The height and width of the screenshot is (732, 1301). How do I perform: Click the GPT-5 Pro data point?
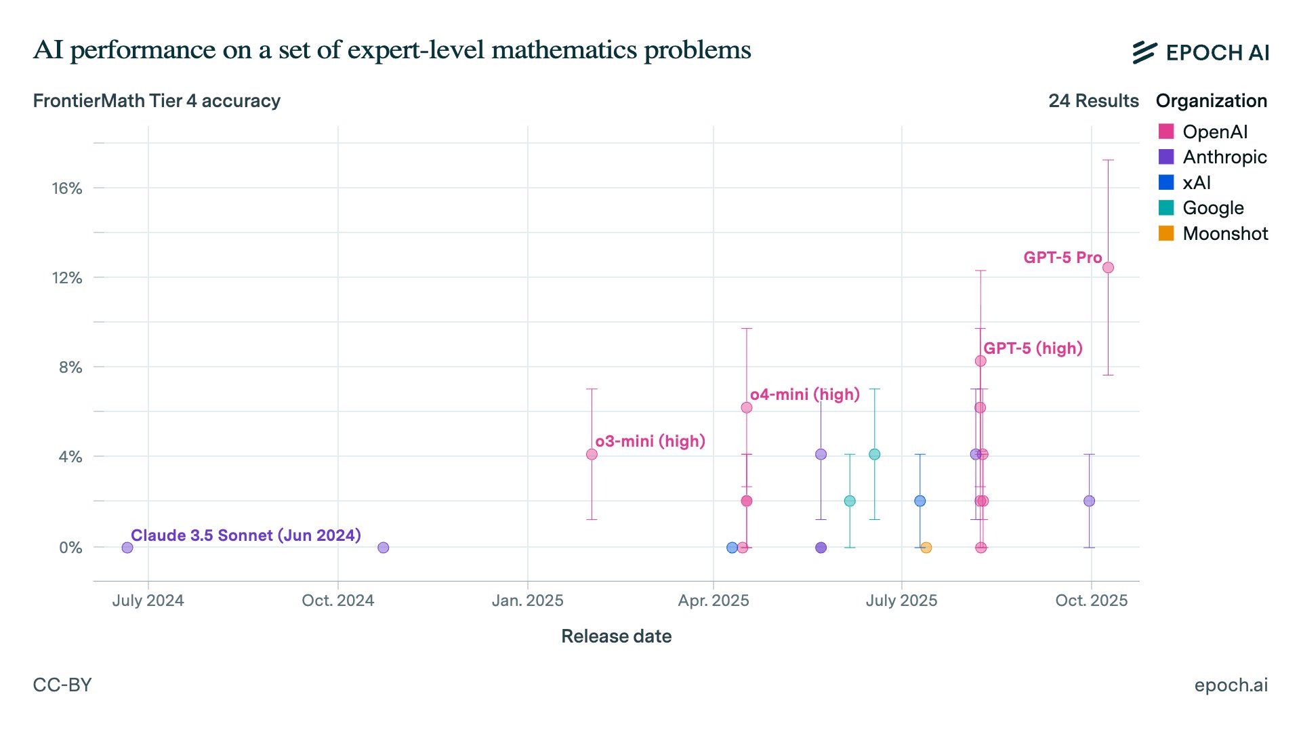click(1108, 268)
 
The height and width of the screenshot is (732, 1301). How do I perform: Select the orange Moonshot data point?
click(926, 548)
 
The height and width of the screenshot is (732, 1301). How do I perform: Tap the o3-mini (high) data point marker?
click(592, 454)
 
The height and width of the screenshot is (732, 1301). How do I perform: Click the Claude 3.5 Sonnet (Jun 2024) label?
click(245, 535)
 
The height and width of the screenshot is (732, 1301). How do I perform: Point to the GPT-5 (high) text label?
click(1033, 348)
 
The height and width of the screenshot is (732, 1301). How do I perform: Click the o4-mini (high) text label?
click(804, 394)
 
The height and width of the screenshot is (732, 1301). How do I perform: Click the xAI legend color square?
click(1166, 182)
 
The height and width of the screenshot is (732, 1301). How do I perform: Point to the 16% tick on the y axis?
click(67, 188)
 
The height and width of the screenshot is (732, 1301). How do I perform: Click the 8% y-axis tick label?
click(70, 367)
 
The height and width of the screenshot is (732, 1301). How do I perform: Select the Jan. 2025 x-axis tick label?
click(527, 601)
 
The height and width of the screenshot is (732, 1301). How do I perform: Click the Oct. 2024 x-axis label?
click(337, 601)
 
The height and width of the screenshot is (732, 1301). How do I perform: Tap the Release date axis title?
click(616, 636)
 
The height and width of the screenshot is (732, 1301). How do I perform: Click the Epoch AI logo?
click(1200, 52)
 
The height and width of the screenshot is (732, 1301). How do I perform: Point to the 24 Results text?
click(1093, 101)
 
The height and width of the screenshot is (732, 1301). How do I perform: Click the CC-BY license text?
click(62, 685)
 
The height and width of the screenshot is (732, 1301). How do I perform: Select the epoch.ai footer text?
click(1231, 685)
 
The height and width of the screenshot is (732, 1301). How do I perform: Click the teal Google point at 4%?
click(874, 454)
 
